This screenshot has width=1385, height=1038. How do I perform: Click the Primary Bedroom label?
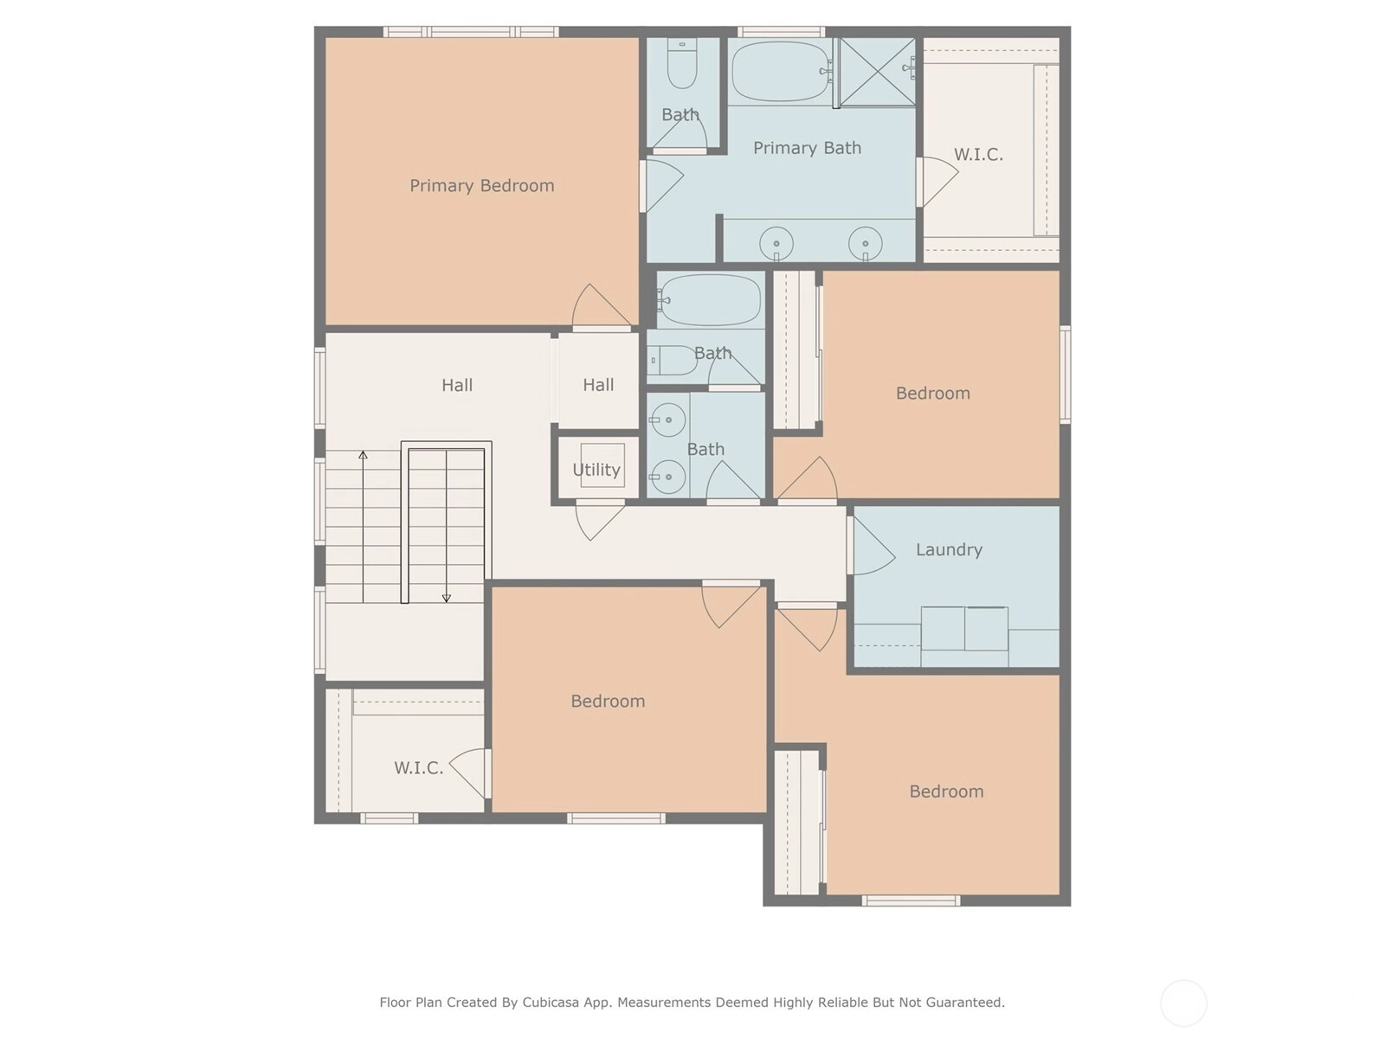481,185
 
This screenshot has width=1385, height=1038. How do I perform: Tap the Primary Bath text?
807,147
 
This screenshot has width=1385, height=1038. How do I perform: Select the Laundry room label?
949,549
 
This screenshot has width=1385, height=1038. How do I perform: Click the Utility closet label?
596,470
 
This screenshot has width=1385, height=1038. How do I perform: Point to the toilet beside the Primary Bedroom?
681,63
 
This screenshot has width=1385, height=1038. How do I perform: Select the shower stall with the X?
877,71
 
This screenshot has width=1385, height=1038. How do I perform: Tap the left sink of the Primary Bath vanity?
776,243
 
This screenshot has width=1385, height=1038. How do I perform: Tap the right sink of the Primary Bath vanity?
865,243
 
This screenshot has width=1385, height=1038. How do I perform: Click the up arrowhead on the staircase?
363,454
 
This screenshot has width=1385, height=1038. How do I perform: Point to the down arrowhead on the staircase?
446,598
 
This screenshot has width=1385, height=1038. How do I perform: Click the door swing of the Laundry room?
871,546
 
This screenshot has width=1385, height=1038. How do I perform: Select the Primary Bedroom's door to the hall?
602,307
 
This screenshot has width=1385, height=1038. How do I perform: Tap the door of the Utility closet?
599,521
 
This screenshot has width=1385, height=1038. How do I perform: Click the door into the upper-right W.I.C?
937,182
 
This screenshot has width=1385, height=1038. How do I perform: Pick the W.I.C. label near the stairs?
418,767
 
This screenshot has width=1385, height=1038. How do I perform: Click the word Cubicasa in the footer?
551,1002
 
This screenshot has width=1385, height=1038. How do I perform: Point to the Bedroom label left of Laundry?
608,701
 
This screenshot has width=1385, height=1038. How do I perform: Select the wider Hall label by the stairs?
457,384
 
